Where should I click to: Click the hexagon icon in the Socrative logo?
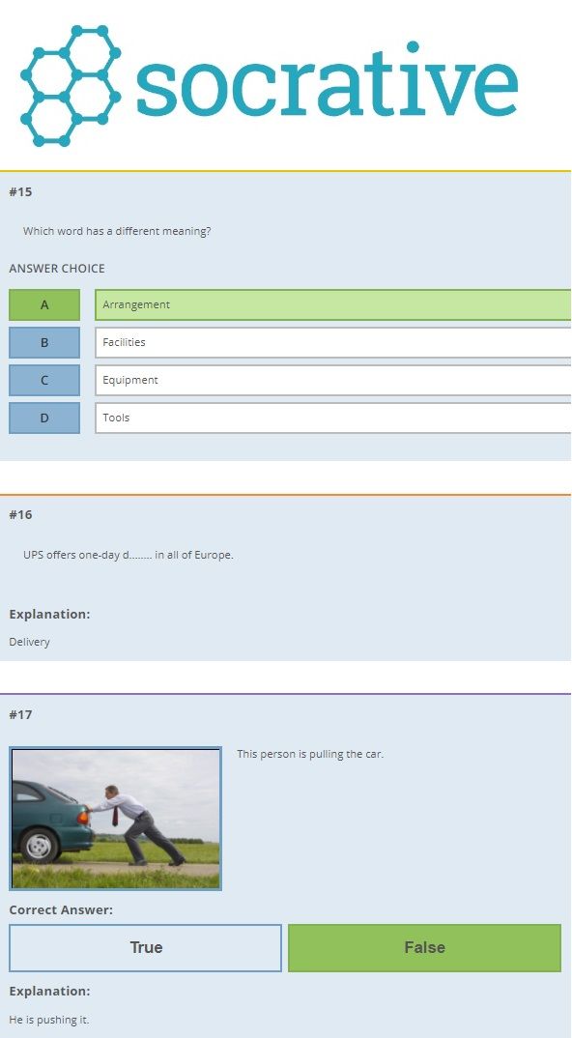pos(71,85)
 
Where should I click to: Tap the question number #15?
pos(20,192)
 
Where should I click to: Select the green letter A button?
pos(44,304)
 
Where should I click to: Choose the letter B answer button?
pos(44,342)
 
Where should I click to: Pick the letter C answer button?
pos(44,380)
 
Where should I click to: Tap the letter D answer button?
pos(44,418)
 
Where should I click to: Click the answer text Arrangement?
pos(136,305)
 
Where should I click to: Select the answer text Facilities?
pos(124,342)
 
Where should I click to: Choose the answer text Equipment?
pos(130,381)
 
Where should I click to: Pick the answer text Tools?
pos(116,418)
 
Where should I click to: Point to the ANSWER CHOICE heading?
pos(57,269)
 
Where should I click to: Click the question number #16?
pos(20,515)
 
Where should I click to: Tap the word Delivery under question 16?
pos(30,642)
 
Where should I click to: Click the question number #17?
pos(20,715)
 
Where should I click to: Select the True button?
pos(146,948)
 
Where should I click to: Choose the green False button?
pos(424,948)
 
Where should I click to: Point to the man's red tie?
pos(115,815)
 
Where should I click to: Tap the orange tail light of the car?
pos(83,818)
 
